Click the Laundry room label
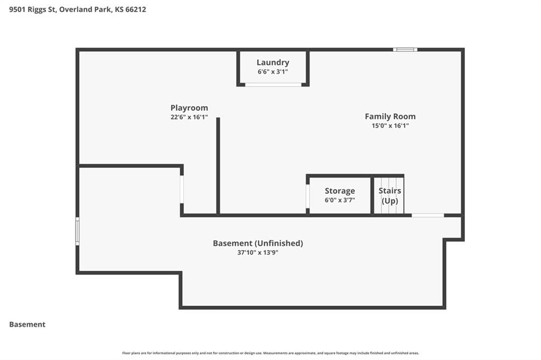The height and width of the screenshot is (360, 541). pos(273,63)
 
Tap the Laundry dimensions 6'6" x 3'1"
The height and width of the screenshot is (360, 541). pos(273,72)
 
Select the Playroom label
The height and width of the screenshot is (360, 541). pos(189,108)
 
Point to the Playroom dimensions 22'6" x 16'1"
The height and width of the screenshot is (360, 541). pos(189,117)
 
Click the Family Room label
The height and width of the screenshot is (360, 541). pos(390,117)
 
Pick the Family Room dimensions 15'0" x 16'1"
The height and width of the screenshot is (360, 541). pos(390,126)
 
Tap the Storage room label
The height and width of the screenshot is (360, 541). pos(340,191)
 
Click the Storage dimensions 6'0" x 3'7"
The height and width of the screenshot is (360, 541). pos(340,200)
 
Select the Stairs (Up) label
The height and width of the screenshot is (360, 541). pos(390,195)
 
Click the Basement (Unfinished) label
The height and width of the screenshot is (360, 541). pos(258,243)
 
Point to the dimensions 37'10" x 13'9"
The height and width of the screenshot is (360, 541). pos(258,252)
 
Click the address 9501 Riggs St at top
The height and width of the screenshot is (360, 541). pos(32,10)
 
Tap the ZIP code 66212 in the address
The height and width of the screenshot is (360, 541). pos(136,10)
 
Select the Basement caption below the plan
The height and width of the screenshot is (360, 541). pos(27,325)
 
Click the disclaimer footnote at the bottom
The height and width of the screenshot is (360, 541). pos(271,353)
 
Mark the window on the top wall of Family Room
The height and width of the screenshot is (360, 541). pos(405,50)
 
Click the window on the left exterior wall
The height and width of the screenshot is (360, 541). pos(78,231)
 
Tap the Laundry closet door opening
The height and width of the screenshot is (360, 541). pos(273,84)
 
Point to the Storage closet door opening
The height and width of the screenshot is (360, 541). pos(308,196)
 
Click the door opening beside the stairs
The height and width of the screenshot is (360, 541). pos(428,215)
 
